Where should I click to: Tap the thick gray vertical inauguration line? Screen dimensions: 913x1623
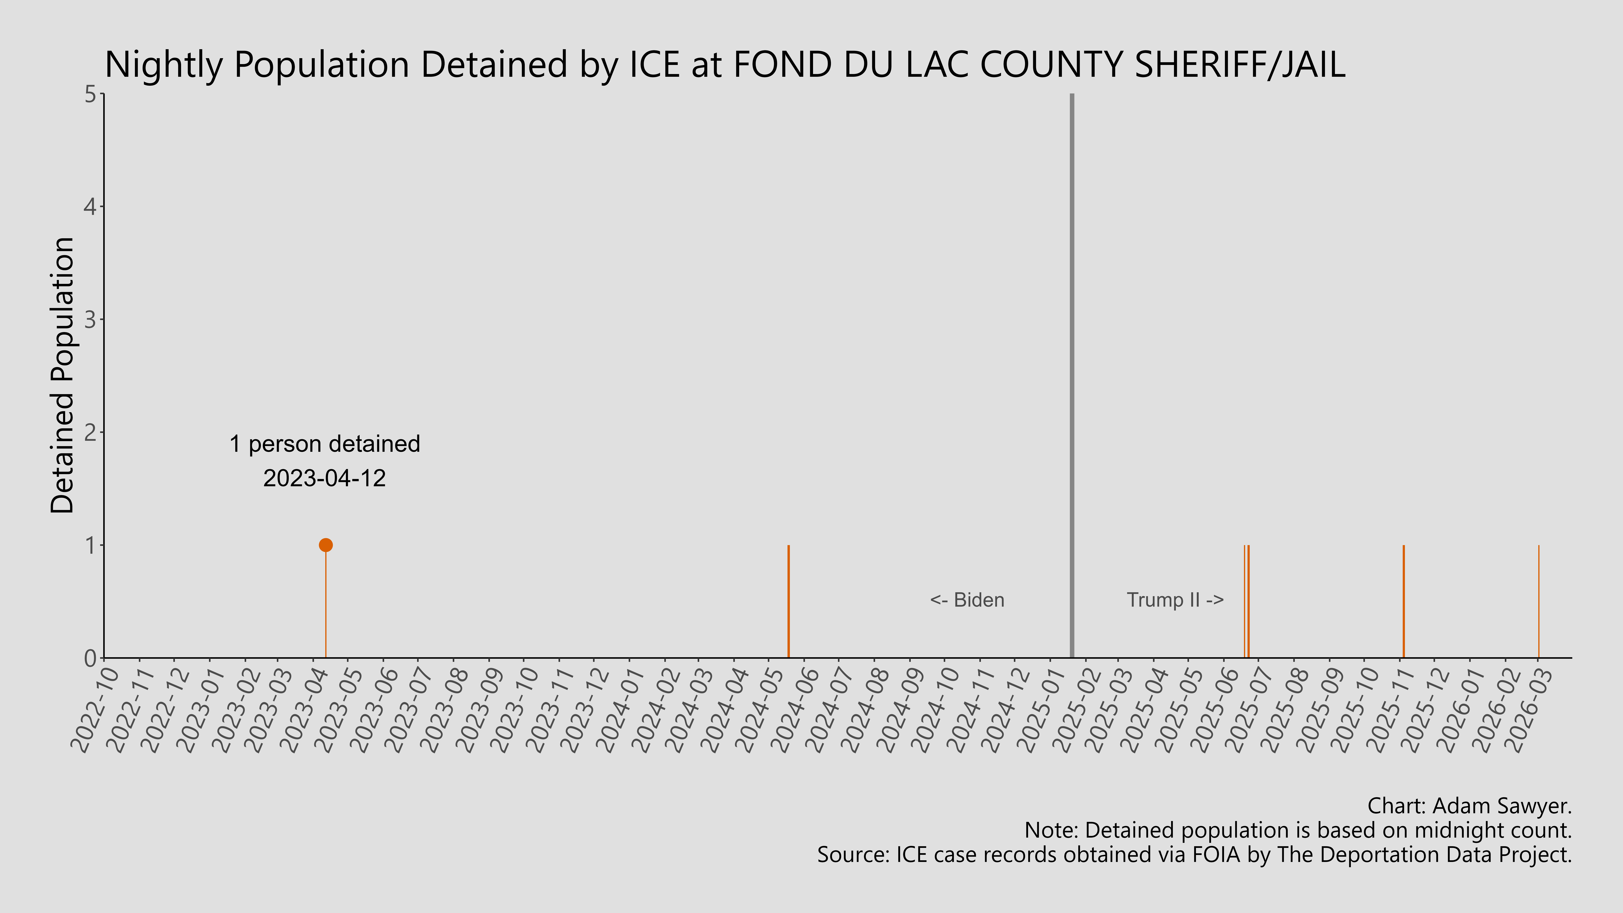(x=1072, y=378)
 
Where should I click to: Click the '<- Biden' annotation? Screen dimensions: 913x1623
(x=967, y=600)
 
